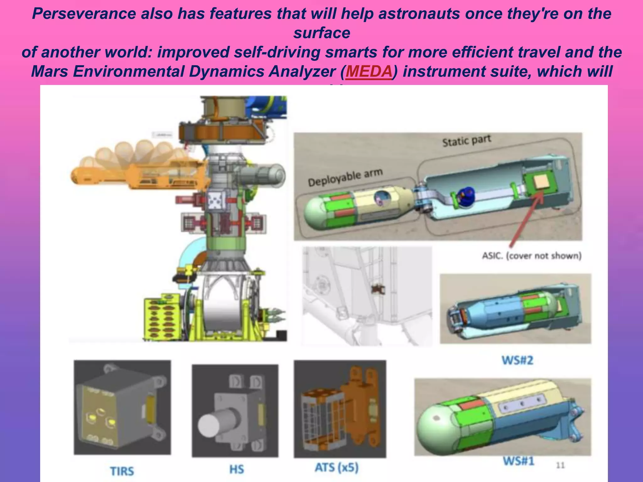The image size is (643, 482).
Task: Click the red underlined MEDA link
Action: pos(369,72)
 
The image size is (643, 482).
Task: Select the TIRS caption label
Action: pos(122,471)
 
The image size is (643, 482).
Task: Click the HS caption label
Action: pos(236,469)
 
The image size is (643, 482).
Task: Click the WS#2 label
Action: pos(517,360)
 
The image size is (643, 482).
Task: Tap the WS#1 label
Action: pos(518,461)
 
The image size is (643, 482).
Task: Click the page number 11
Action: pos(560,465)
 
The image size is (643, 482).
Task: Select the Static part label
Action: pos(466,141)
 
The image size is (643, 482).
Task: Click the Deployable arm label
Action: pos(345,177)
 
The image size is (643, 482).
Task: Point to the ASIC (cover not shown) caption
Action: pos(532,256)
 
